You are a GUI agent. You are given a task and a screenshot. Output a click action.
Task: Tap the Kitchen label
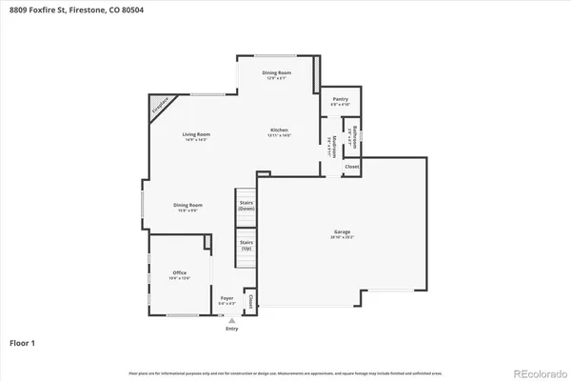tap(279, 130)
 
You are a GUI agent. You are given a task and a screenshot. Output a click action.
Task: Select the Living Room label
tap(196, 134)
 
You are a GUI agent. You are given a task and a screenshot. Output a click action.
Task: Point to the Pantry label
tap(340, 99)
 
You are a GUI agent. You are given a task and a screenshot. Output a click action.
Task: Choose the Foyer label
tap(226, 299)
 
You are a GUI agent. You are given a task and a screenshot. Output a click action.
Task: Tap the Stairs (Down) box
tap(246, 205)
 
